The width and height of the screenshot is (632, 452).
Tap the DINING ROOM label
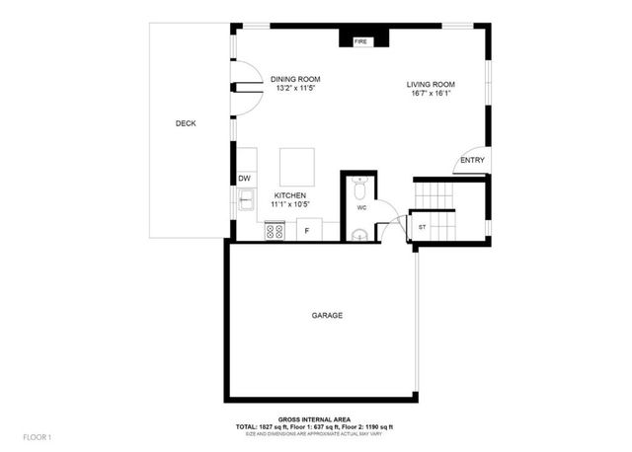coord(295,80)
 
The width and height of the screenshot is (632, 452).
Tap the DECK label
coord(186,123)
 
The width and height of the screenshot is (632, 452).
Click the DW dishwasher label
coord(244,179)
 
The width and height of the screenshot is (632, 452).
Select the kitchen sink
coord(245,202)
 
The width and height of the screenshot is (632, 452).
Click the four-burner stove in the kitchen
coord(276,231)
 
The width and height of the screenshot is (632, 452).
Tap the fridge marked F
coord(307,231)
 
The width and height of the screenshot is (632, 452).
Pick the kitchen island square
coord(297,165)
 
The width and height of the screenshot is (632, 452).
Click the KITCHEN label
coord(289,195)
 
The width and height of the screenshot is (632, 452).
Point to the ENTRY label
coord(472,161)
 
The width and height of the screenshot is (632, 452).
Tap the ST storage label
coord(422,227)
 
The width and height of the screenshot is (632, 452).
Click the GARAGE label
coord(327,316)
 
